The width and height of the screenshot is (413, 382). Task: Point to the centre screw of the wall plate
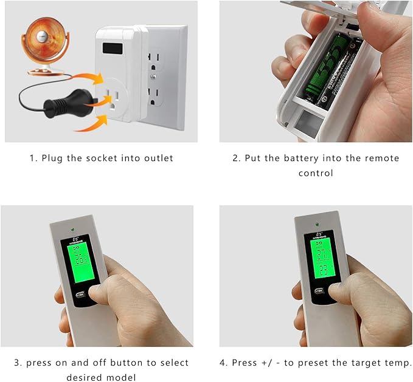tap(156, 78)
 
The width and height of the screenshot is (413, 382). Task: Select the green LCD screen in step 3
tap(80, 260)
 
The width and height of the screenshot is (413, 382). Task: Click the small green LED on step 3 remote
tap(73, 230)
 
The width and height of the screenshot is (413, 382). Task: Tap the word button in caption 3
tap(119, 363)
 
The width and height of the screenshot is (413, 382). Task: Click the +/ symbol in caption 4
tap(268, 363)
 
